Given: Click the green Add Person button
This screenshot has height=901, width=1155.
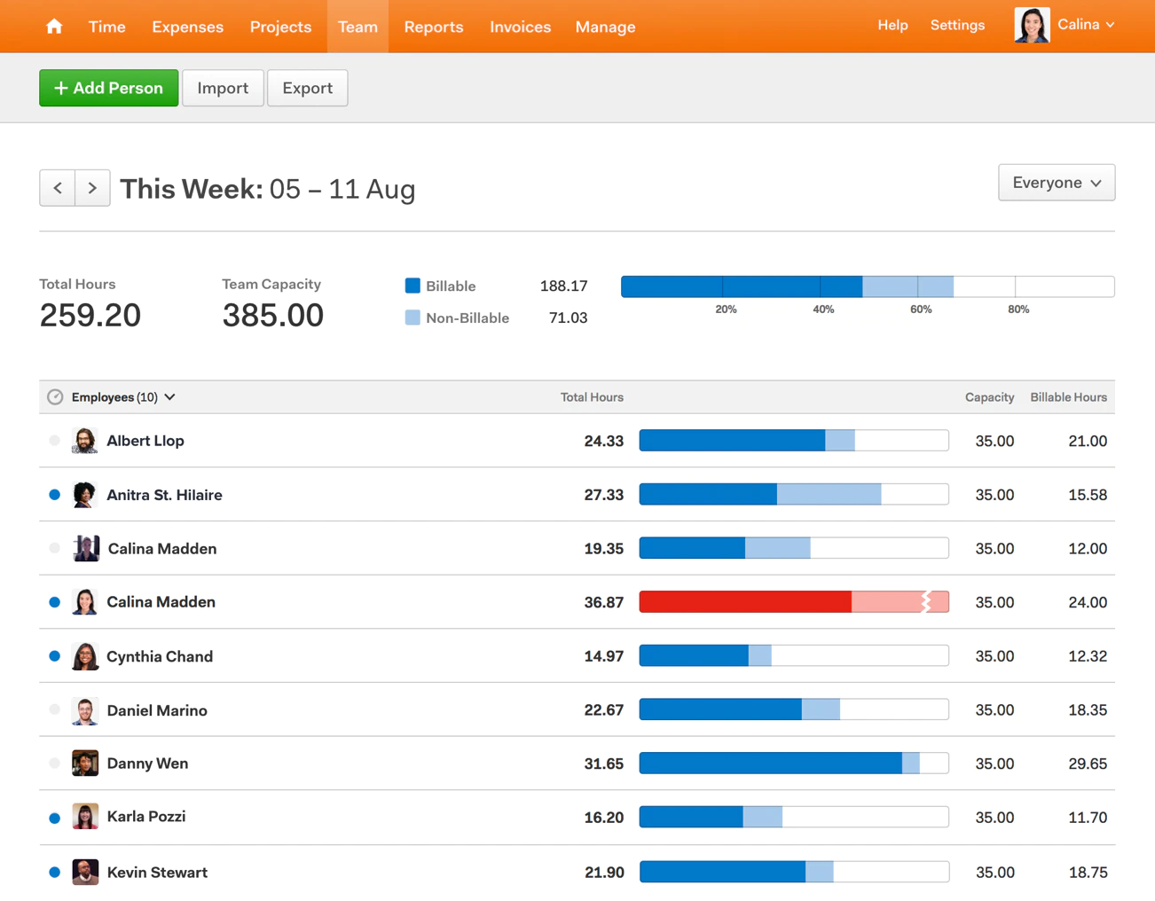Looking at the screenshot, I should pyautogui.click(x=108, y=88).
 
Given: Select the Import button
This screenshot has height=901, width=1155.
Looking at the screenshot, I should pyautogui.click(x=223, y=88).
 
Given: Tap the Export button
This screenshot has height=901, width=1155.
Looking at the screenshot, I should pyautogui.click(x=307, y=88).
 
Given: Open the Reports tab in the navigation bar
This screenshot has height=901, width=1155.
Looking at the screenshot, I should pyautogui.click(x=433, y=27).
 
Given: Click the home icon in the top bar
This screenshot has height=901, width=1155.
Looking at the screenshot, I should pyautogui.click(x=54, y=27).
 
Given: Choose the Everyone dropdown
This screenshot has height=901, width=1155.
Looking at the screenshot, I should pyautogui.click(x=1056, y=183).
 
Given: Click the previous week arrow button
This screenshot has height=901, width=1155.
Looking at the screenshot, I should pyautogui.click(x=58, y=188).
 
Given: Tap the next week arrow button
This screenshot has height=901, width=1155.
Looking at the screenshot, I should pyautogui.click(x=92, y=188).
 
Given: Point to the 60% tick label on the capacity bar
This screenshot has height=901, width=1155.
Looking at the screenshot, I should pyautogui.click(x=921, y=309).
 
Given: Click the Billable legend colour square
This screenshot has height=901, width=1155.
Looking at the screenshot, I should pyautogui.click(x=412, y=286).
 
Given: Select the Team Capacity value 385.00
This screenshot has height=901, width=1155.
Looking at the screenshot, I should pyautogui.click(x=272, y=316).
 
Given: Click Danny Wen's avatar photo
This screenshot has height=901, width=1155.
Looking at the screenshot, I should pyautogui.click(x=85, y=764).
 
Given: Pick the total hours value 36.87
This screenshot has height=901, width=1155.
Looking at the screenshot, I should pyautogui.click(x=603, y=602).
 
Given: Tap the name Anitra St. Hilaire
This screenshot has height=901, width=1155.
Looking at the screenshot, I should pyautogui.click(x=164, y=495).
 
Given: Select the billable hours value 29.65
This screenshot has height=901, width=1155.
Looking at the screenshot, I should pyautogui.click(x=1088, y=764).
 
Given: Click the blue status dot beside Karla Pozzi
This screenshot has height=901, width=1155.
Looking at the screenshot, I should pyautogui.click(x=55, y=818).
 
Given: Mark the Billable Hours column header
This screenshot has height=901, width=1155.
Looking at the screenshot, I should pyautogui.click(x=1068, y=397).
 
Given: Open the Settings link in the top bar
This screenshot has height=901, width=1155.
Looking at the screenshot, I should pyautogui.click(x=957, y=25).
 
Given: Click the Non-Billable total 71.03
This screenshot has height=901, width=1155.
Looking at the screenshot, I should pyautogui.click(x=568, y=317).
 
